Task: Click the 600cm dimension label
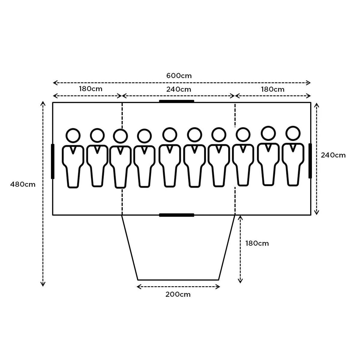click(x=179, y=76)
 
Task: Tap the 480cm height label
click(x=23, y=184)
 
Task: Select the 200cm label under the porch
click(x=178, y=294)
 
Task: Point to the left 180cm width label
click(x=91, y=89)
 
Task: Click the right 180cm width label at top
click(x=272, y=89)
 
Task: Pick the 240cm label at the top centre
click(x=179, y=89)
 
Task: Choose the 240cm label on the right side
click(x=333, y=155)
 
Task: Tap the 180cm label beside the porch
click(x=257, y=243)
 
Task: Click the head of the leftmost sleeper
click(x=73, y=136)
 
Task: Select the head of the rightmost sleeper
click(x=293, y=133)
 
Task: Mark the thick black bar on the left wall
click(x=53, y=161)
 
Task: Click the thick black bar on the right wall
click(x=310, y=161)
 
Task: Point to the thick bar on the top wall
click(x=176, y=101)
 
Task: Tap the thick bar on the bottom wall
click(x=176, y=215)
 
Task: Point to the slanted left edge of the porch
click(x=130, y=247)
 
